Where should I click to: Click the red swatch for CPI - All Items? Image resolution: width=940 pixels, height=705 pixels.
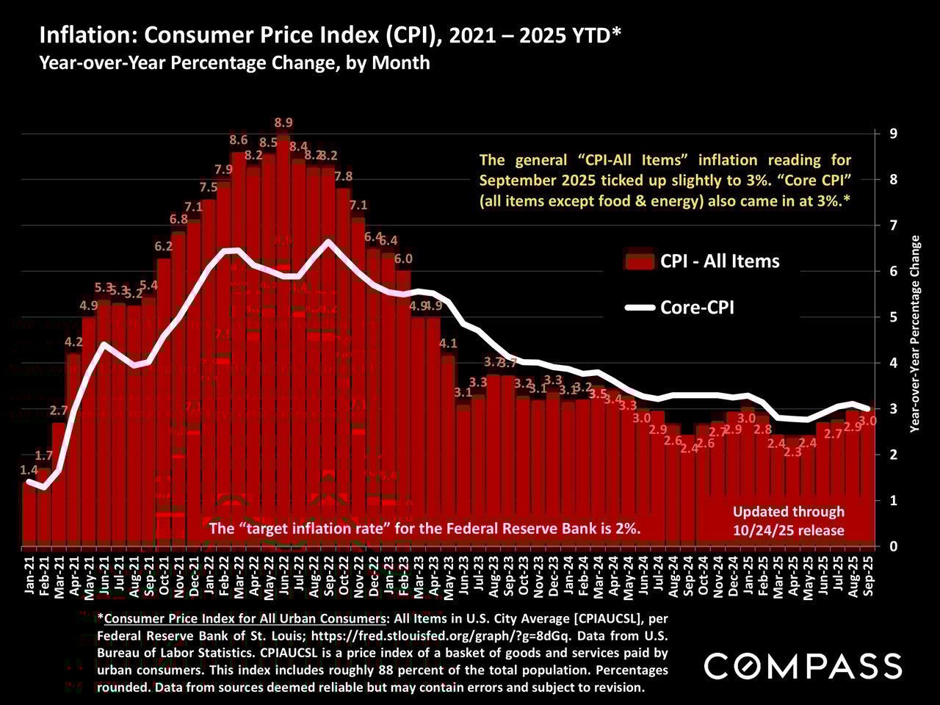(639, 261)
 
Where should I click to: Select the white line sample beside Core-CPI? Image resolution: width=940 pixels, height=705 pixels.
(639, 308)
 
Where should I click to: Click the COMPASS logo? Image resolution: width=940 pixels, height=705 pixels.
(793, 666)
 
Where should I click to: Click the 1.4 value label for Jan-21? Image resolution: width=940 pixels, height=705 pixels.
(29, 470)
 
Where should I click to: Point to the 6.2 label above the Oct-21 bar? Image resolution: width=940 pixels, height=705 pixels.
(164, 247)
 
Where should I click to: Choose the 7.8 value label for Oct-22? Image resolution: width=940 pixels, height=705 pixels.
(343, 176)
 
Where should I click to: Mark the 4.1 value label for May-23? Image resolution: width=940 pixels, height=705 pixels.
(448, 343)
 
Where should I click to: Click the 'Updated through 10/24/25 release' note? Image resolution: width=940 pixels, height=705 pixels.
(789, 521)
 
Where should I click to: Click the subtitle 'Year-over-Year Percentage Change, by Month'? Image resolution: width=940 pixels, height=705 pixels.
(234, 62)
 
